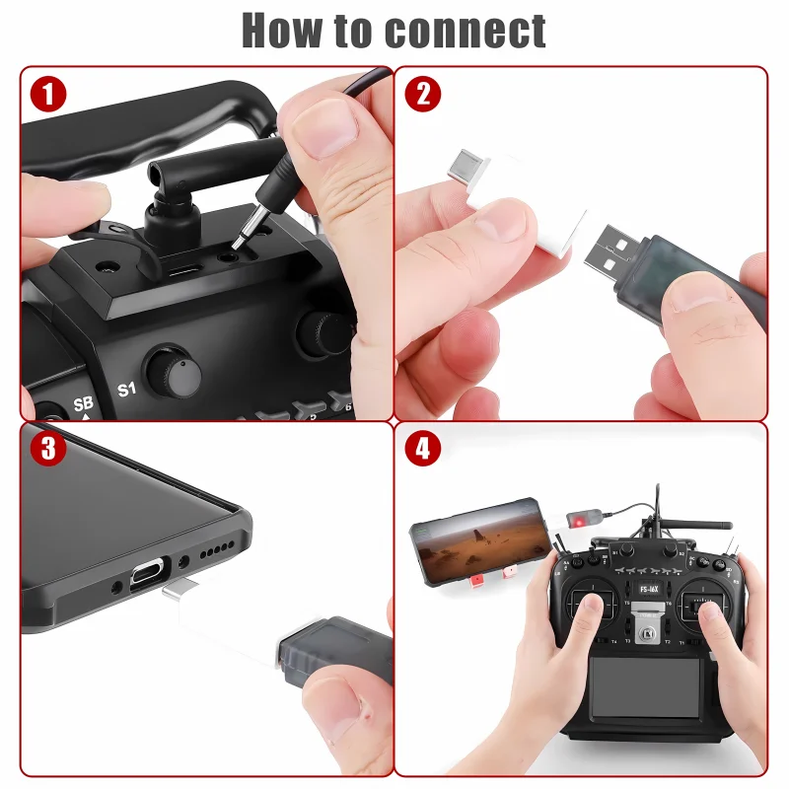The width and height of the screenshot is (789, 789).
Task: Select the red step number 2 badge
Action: pos(423,95)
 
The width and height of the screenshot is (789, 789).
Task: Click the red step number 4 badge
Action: pos(423,449)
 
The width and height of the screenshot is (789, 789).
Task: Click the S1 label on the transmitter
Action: pos(125,389)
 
